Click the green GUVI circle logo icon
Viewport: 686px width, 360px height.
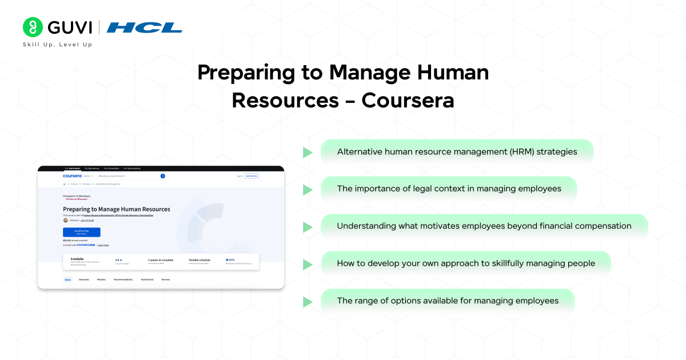(33, 27)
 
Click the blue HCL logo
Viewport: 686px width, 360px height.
(145, 27)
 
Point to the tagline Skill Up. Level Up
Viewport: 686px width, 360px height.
(57, 45)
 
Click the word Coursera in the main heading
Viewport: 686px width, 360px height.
(408, 100)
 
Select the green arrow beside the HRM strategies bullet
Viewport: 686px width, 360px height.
(308, 153)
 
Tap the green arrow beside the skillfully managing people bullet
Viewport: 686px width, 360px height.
(308, 265)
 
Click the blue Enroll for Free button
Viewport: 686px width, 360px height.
(81, 232)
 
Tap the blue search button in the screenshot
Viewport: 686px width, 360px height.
(162, 176)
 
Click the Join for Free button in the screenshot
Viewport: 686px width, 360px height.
(252, 176)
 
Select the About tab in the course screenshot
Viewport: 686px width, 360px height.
(67, 279)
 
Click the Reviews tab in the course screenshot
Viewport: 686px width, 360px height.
(166, 279)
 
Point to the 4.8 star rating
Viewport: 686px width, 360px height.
(119, 259)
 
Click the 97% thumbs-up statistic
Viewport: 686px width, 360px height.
(230, 259)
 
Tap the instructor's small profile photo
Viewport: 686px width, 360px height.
(65, 220)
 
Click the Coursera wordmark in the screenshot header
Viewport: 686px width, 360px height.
(73, 176)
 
